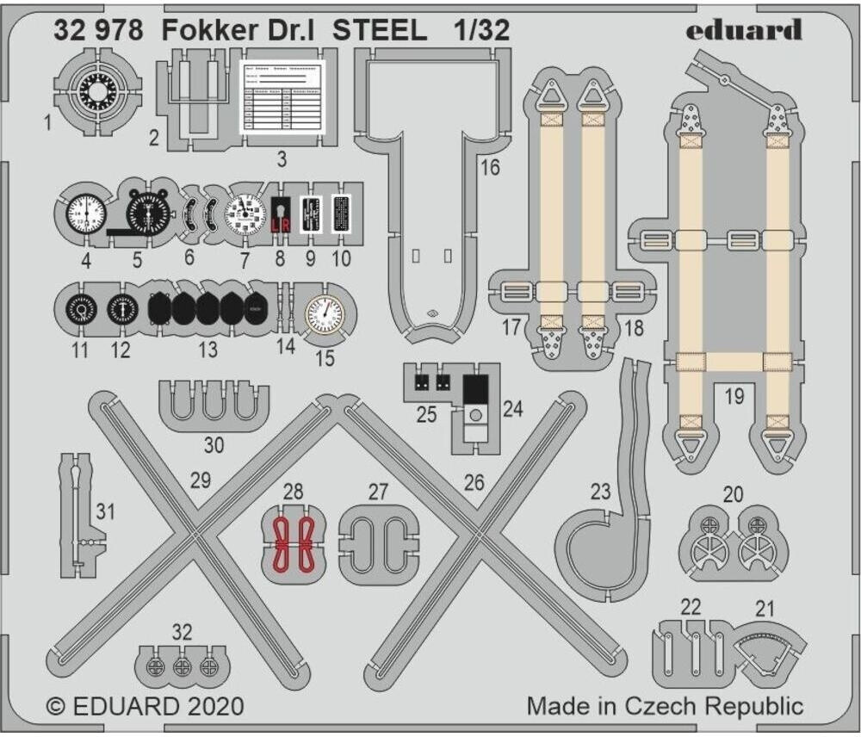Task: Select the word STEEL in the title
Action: (379, 32)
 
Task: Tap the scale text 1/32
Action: (480, 32)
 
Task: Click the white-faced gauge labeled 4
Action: (84, 212)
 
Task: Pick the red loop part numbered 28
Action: (294, 546)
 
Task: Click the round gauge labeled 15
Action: (324, 313)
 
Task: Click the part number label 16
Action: (490, 168)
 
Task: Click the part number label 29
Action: (200, 481)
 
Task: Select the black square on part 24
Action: (475, 389)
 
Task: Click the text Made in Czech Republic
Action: (665, 707)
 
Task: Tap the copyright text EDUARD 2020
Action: (145, 707)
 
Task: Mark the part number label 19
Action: (734, 398)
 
